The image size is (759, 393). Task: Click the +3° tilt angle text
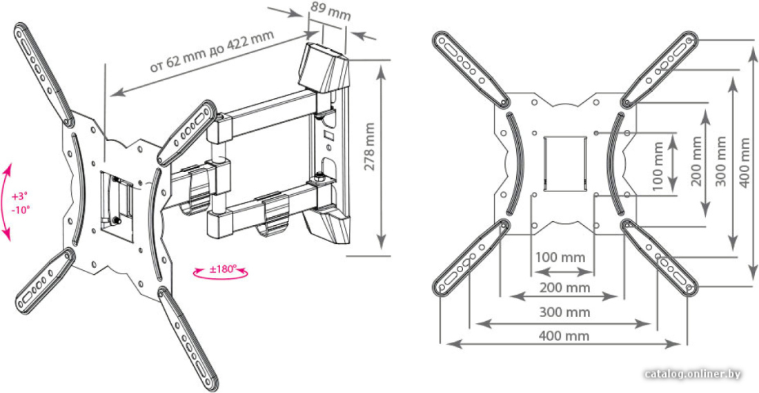(20, 197)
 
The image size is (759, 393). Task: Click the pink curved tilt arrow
(6, 202)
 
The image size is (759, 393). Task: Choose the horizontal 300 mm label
(564, 312)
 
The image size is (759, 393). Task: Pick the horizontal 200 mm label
(564, 288)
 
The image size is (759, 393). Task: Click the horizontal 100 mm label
(560, 258)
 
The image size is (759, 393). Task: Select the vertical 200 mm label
(696, 161)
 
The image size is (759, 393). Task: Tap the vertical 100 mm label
(658, 166)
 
